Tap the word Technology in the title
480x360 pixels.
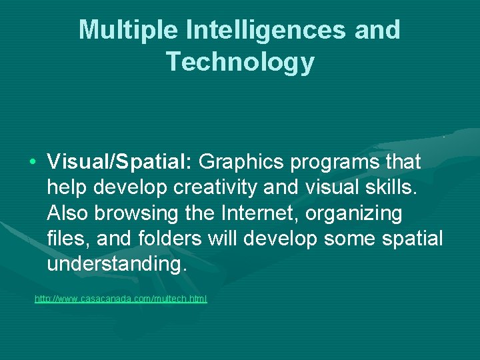point(240,61)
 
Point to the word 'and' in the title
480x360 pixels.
point(379,30)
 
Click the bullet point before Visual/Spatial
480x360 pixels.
point(33,163)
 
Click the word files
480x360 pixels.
point(64,239)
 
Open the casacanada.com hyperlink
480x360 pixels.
point(121,299)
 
